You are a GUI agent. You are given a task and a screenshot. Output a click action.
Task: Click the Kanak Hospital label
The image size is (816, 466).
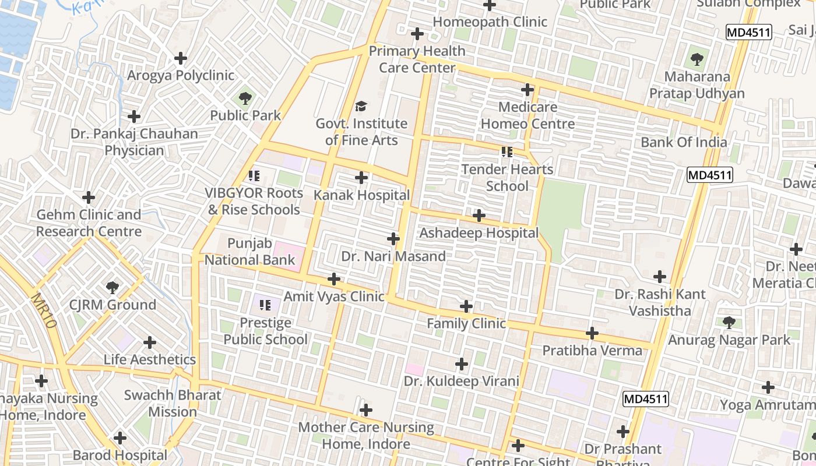[x=361, y=195]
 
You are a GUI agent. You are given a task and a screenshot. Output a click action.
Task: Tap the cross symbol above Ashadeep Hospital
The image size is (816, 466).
[x=479, y=216]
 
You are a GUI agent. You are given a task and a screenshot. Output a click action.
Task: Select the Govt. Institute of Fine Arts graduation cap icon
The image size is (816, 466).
[x=361, y=106]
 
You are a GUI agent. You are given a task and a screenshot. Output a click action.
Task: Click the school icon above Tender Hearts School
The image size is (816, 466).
[x=507, y=152]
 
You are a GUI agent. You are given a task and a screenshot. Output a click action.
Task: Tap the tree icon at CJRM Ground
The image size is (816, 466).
[x=112, y=287]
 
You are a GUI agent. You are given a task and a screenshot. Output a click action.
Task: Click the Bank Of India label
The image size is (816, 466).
[x=684, y=143]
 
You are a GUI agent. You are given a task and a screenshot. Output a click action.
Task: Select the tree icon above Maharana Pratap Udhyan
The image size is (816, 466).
[x=697, y=59]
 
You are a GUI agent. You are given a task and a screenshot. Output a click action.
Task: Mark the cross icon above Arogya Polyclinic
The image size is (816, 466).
[x=181, y=58]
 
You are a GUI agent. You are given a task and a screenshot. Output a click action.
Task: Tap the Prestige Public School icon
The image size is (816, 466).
[x=265, y=305]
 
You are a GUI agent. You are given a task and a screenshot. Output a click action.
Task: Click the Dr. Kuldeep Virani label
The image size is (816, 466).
[x=461, y=382]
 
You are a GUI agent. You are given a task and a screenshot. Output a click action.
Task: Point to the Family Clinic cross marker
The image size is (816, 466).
[x=466, y=306]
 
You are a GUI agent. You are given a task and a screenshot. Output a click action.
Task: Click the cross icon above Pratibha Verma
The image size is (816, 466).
[x=592, y=333]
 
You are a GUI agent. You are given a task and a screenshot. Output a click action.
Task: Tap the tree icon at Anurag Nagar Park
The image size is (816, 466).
[x=729, y=322]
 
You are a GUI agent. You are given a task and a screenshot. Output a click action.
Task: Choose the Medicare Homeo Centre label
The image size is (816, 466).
[x=527, y=115]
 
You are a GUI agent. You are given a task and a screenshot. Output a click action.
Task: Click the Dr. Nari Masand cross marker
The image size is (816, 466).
[x=393, y=239]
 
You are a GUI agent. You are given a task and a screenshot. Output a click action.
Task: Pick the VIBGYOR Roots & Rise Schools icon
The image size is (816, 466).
[x=254, y=175]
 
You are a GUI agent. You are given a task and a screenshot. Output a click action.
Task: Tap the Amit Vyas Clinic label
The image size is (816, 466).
[x=333, y=296]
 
